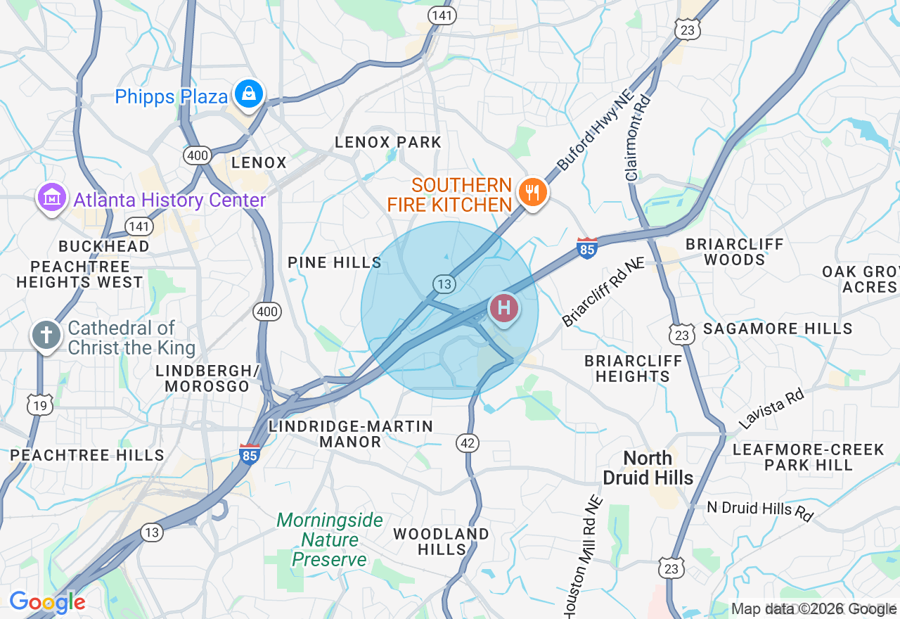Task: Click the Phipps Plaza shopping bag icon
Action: pyautogui.click(x=248, y=94)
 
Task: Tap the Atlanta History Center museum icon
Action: pyautogui.click(x=51, y=199)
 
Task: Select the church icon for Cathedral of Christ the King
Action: pyautogui.click(x=46, y=335)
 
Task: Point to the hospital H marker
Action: pyautogui.click(x=503, y=308)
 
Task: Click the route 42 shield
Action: pyautogui.click(x=468, y=442)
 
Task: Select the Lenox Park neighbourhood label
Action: pyautogui.click(x=388, y=142)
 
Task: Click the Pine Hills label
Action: pyautogui.click(x=335, y=262)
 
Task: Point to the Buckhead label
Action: pyautogui.click(x=104, y=246)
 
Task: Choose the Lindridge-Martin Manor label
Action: pyautogui.click(x=351, y=434)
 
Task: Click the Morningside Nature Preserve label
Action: pyautogui.click(x=330, y=540)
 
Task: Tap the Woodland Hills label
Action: pyautogui.click(x=441, y=541)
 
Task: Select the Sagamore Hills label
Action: pyautogui.click(x=778, y=328)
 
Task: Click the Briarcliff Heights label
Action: pyautogui.click(x=634, y=369)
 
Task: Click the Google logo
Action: pyautogui.click(x=47, y=602)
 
